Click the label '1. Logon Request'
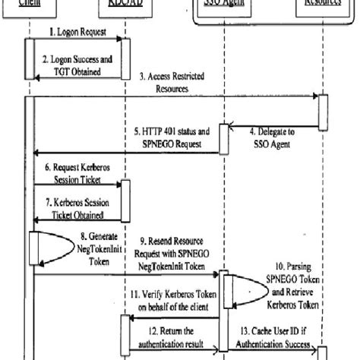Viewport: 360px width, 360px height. click(x=77, y=33)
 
